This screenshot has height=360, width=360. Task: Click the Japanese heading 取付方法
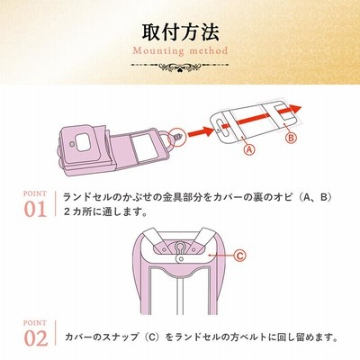tap(180, 31)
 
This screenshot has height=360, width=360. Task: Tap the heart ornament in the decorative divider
tap(180, 68)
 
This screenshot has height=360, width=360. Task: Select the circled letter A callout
tap(248, 149)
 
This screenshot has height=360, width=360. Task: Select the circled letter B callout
tap(291, 138)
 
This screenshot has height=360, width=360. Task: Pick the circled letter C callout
tap(239, 256)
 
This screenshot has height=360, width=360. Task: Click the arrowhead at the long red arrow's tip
tap(296, 110)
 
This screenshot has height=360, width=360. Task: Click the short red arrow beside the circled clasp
tap(201, 132)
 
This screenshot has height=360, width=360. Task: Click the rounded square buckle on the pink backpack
tap(83, 141)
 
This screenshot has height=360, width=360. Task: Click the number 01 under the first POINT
tap(35, 209)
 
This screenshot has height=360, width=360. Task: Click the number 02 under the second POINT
tap(36, 338)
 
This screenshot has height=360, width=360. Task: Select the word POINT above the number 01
tap(35, 193)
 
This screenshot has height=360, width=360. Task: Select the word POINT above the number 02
tap(35, 323)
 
